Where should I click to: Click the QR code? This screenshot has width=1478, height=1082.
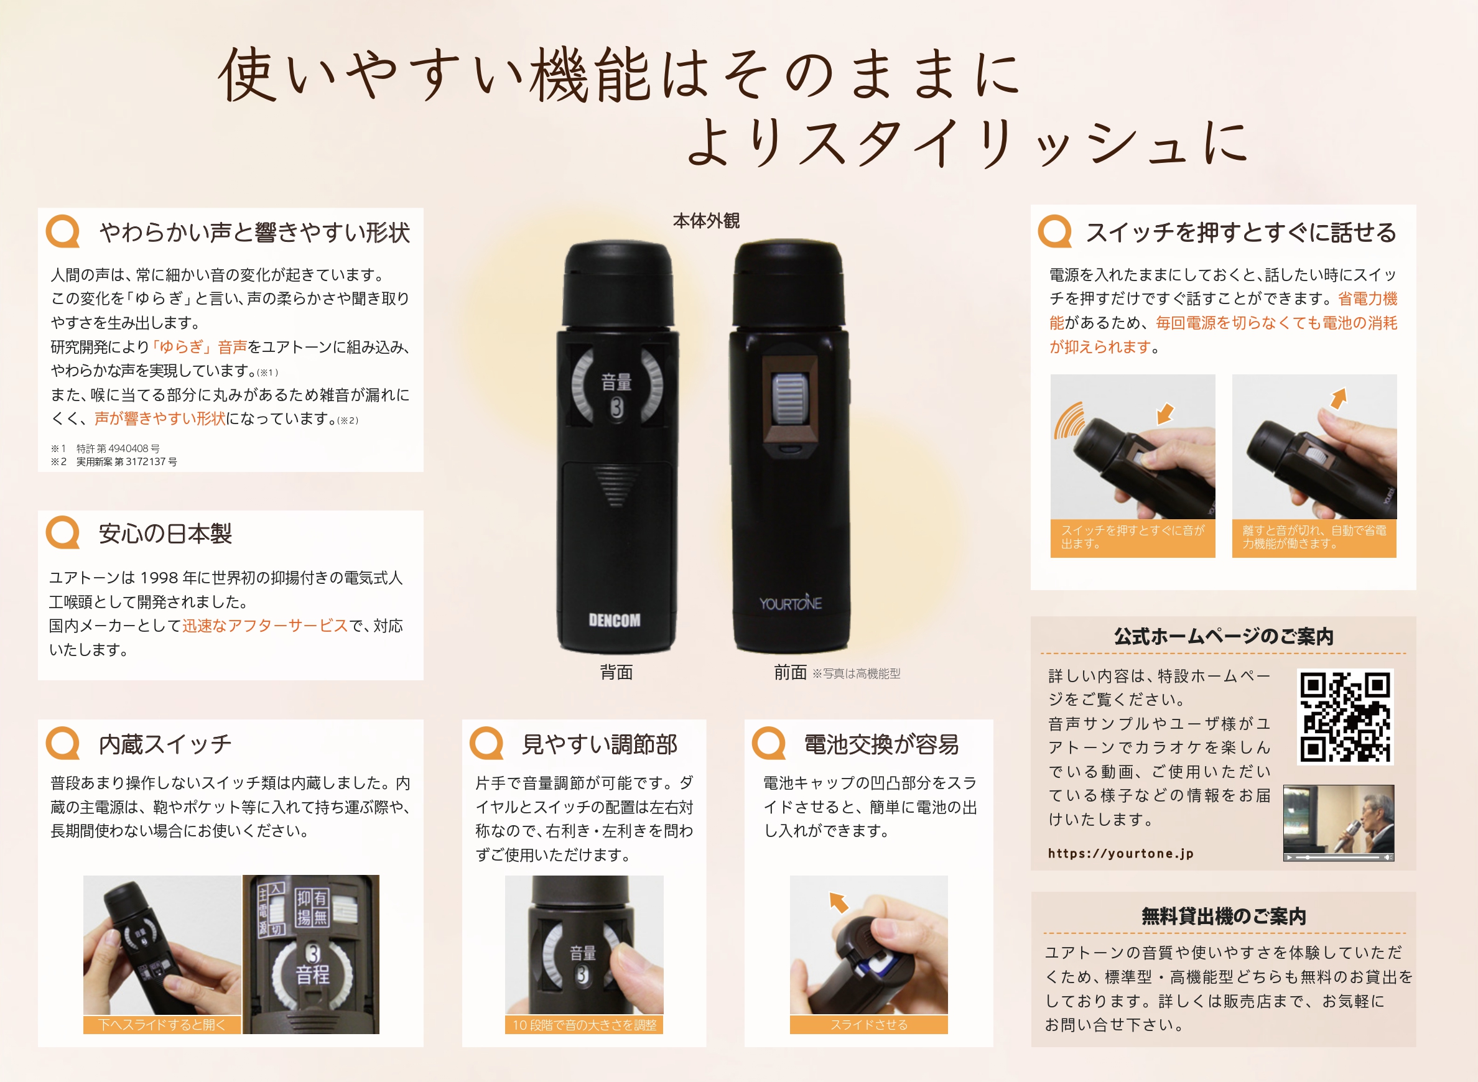pos(1345,716)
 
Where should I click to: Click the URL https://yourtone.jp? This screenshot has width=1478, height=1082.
pos(1120,853)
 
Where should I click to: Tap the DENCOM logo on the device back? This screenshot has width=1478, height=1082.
pos(614,619)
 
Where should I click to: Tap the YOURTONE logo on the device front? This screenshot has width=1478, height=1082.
pos(790,603)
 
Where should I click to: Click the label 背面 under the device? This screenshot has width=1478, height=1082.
pos(616,673)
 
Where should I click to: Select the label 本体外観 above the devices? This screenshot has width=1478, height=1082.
pos(705,221)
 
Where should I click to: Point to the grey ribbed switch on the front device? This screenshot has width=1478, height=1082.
pos(789,399)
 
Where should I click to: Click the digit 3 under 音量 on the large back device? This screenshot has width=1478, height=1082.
pos(616,408)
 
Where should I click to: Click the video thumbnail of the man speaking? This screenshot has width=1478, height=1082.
pos(1338,823)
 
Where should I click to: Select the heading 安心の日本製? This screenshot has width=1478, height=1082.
pos(165,534)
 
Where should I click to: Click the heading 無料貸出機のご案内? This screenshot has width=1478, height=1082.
pos(1223,917)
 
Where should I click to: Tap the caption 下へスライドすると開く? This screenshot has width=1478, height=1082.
pos(162,1025)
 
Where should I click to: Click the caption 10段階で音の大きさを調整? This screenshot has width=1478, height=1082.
pos(583,1025)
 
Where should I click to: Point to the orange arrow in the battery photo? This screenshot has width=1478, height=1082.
pos(839,902)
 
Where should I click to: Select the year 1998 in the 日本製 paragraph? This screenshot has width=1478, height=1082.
pos(159,578)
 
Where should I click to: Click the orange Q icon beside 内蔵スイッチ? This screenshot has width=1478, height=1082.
pos(63,743)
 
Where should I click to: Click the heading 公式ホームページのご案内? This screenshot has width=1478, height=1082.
pos(1223,636)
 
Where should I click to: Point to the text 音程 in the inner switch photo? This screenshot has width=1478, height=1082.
pos(312,975)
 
